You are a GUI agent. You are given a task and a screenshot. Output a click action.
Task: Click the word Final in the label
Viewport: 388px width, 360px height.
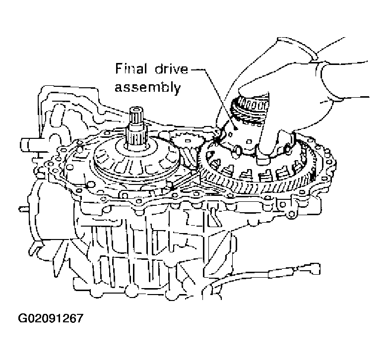pyautogui.click(x=129, y=68)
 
